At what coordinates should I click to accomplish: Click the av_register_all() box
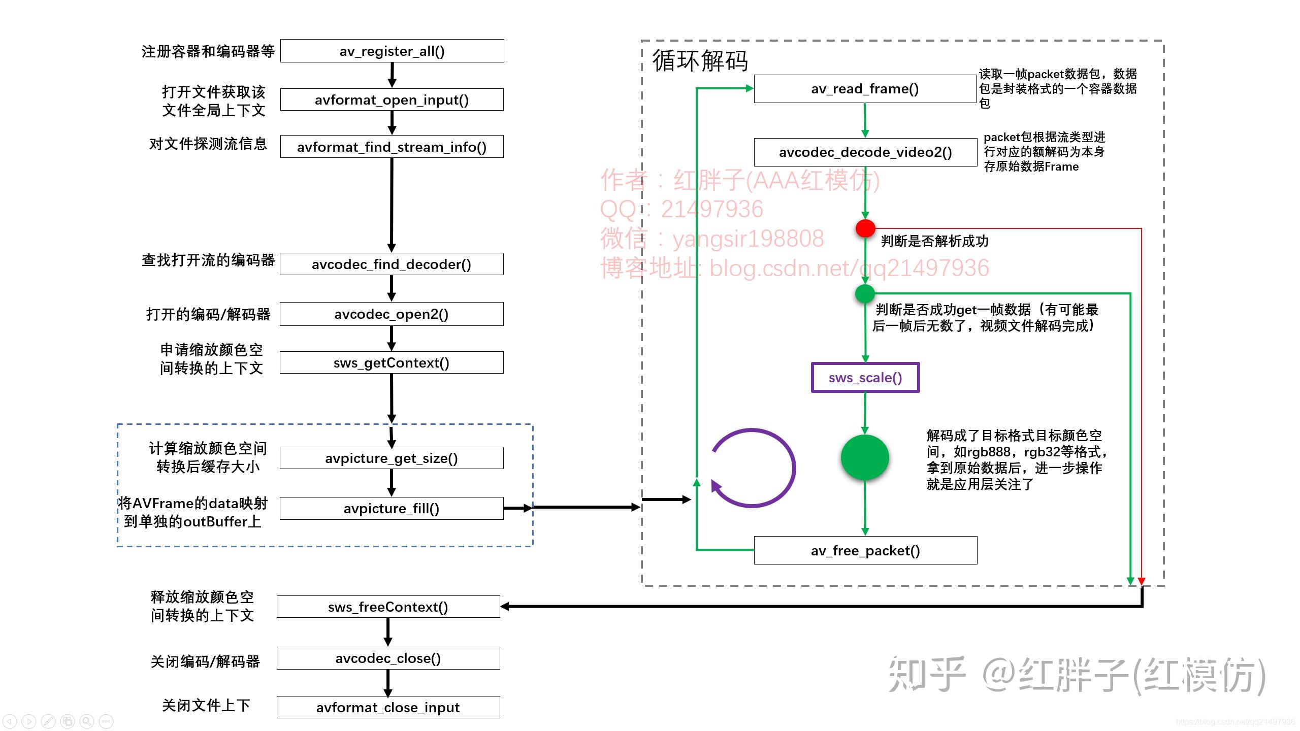point(392,51)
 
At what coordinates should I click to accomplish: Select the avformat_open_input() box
point(392,99)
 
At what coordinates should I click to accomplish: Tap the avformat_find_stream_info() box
point(392,147)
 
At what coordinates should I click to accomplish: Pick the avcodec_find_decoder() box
point(392,264)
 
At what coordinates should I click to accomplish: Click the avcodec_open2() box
point(392,314)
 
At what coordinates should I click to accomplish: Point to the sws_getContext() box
point(392,362)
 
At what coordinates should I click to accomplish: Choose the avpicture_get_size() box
point(392,458)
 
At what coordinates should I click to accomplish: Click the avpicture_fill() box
point(392,508)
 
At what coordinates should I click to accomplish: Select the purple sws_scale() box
point(865,377)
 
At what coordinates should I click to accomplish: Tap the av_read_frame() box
point(865,89)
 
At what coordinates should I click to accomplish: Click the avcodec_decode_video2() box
point(865,152)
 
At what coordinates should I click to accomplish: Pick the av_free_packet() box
point(865,550)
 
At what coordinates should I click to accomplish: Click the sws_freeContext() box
point(388,607)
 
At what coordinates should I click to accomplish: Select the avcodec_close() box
point(388,658)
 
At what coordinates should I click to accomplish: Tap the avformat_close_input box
point(388,707)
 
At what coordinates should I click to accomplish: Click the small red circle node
point(865,228)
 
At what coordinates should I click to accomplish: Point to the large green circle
point(865,457)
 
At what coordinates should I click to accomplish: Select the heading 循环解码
point(700,61)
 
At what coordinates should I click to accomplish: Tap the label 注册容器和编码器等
point(208,51)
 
